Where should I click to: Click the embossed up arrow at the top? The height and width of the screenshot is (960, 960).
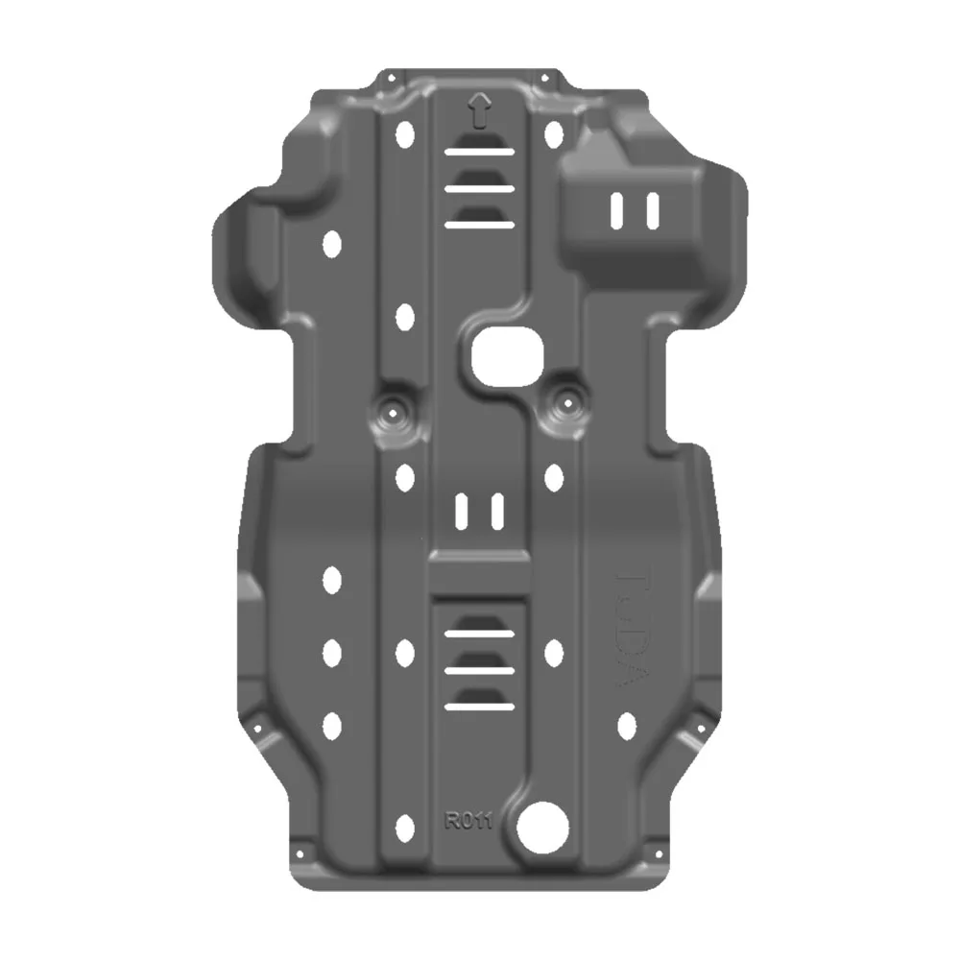tap(479, 110)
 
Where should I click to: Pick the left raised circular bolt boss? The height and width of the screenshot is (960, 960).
tap(395, 412)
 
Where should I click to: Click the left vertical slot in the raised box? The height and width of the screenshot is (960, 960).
tap(617, 211)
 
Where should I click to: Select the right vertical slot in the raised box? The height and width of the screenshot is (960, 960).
tap(652, 210)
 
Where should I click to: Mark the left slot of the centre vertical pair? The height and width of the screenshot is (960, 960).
tap(462, 512)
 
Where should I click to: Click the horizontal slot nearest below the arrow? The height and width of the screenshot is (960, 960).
tap(479, 152)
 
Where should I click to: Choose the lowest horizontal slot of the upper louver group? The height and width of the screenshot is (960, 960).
tap(479, 225)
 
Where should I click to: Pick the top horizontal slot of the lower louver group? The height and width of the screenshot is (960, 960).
tap(479, 634)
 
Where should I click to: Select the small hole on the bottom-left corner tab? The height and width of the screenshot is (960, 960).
tap(297, 852)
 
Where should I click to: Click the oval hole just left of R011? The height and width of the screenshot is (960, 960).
tap(405, 826)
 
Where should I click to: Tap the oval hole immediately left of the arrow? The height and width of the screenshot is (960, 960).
tap(405, 136)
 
